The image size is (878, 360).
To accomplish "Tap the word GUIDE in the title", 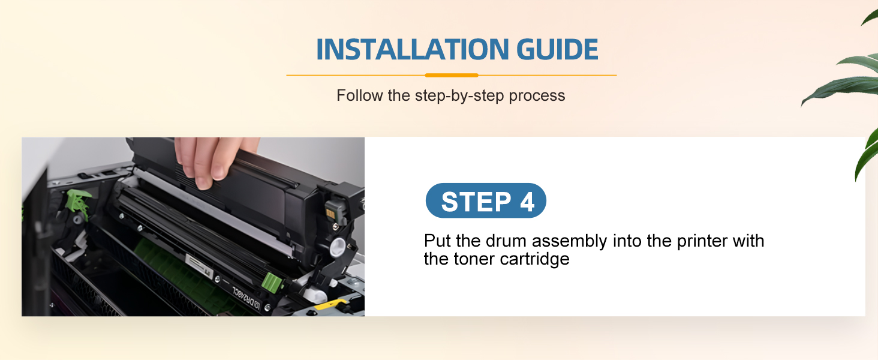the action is coord(557,49).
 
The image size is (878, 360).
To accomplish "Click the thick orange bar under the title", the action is coord(452,75).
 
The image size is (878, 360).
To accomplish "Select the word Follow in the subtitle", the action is coord(359,95).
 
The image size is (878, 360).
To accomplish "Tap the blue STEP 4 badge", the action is coord(486,200).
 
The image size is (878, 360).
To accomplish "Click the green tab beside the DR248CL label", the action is coord(272,283).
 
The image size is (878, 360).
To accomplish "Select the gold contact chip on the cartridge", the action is coord(330,214).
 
